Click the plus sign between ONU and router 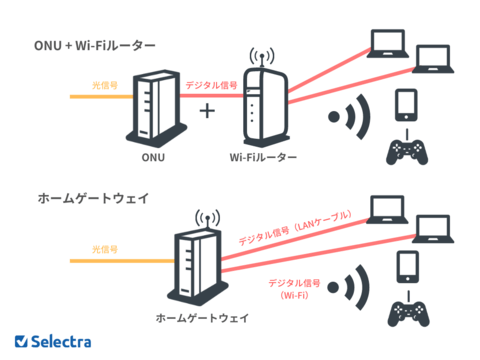[x=208, y=110]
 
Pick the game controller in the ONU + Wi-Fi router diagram [x=406, y=151]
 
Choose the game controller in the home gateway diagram [x=406, y=310]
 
